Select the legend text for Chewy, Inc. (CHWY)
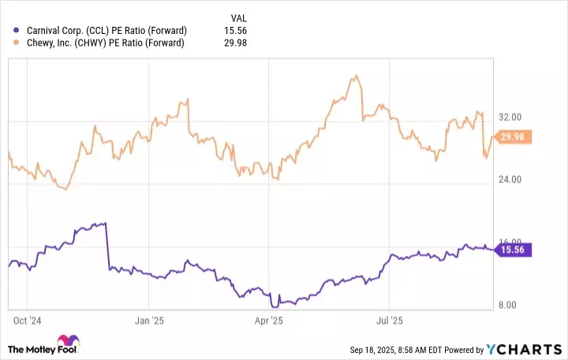tap(99, 43)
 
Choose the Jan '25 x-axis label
tap(148, 321)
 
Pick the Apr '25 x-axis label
tap(270, 321)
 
